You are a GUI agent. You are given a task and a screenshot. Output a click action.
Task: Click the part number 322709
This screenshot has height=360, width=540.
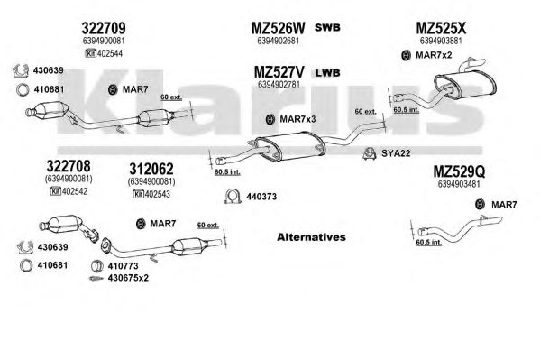tap(104, 28)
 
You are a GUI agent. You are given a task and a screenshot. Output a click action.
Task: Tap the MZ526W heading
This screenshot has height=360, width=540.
tap(278, 28)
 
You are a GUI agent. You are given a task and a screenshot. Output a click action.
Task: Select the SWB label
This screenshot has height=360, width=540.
tap(327, 28)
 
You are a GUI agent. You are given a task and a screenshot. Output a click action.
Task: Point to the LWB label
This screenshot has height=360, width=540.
tap(327, 73)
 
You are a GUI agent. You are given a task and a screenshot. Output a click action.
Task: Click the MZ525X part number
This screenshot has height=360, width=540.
tap(441, 28)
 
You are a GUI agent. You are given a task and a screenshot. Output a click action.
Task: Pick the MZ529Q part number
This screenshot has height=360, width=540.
tap(459, 171)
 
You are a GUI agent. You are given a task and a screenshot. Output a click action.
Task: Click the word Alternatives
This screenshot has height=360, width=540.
tap(311, 237)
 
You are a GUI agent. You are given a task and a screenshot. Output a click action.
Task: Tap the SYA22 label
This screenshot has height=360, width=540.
tap(396, 153)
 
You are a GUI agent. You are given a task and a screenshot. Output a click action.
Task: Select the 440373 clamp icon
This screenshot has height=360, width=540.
tap(232, 196)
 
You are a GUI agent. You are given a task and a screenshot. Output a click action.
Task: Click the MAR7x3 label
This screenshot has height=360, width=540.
tap(297, 119)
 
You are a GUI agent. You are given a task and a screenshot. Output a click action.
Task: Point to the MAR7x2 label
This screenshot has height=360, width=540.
tap(434, 55)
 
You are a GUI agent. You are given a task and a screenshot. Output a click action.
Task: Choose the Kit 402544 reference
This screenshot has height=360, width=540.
tap(104, 53)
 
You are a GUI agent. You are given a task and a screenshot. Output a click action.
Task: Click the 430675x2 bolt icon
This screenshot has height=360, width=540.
tap(96, 278)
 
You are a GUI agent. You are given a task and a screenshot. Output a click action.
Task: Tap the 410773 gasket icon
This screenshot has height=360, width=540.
tap(97, 266)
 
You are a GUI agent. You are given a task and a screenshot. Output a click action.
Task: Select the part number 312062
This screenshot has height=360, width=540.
tap(151, 169)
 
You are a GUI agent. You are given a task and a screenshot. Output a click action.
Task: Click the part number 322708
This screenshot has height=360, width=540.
tap(69, 166)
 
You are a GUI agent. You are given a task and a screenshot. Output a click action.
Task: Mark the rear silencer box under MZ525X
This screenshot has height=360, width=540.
tap(465, 85)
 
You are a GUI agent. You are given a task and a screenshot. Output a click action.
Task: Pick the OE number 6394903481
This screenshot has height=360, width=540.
tap(459, 184)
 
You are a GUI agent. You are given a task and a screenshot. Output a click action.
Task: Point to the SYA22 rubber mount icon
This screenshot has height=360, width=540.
tap(370, 153)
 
